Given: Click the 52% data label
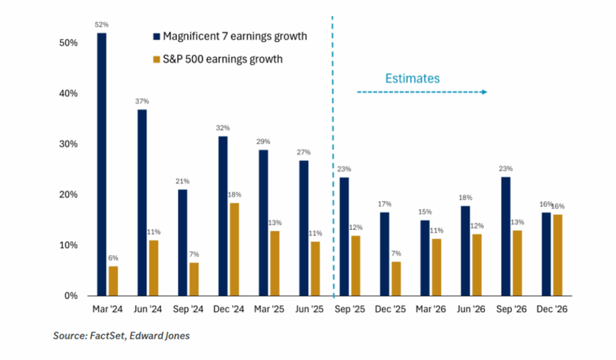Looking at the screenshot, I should click(102, 25).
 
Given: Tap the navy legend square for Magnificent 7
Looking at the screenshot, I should click(156, 37).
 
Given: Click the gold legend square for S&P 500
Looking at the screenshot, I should click(156, 59).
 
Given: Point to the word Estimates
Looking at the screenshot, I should click(412, 78).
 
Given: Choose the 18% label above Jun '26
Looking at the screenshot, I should click(466, 197).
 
